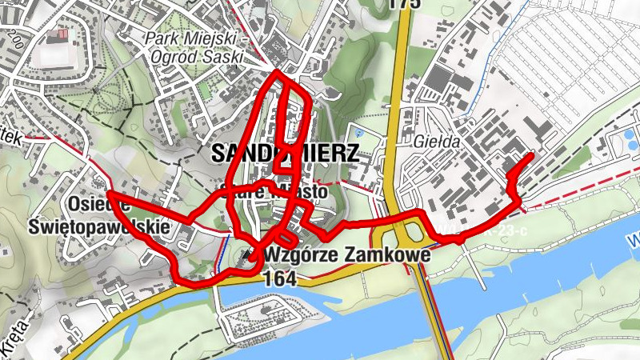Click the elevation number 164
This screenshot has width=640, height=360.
278,278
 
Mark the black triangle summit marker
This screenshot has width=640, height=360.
250,256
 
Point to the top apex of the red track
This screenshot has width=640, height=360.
277,73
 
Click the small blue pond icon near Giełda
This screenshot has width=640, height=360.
358,132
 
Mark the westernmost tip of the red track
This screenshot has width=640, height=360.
108,194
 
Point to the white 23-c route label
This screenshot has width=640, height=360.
512,232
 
